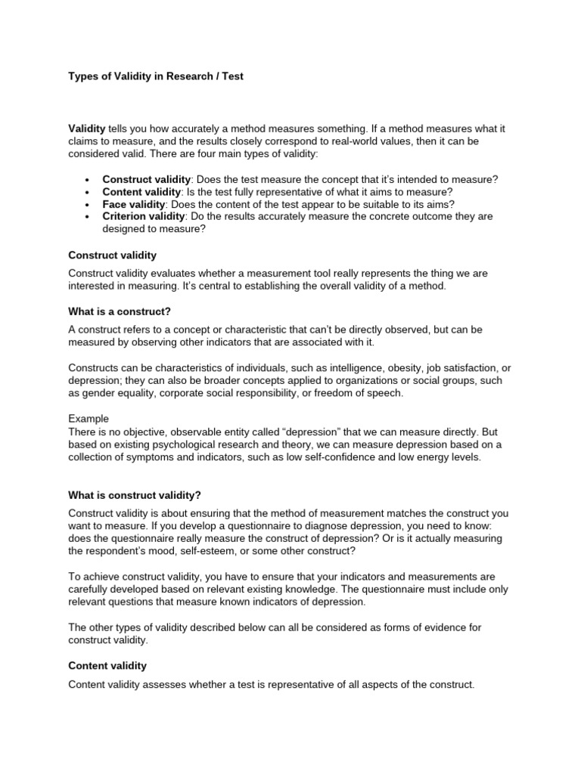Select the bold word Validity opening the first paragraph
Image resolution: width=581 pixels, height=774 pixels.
click(87, 128)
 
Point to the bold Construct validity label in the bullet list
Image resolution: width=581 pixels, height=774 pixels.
click(146, 180)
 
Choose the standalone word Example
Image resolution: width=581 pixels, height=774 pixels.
click(89, 418)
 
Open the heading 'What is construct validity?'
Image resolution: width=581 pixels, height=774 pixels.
click(135, 495)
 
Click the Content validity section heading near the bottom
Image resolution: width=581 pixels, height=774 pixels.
click(107, 666)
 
